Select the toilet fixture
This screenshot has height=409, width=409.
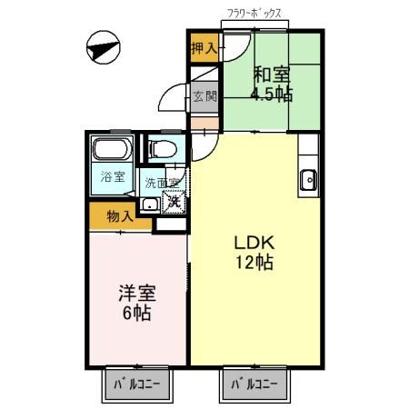(x=165, y=148)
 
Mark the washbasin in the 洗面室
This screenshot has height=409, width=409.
(x=149, y=204)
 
